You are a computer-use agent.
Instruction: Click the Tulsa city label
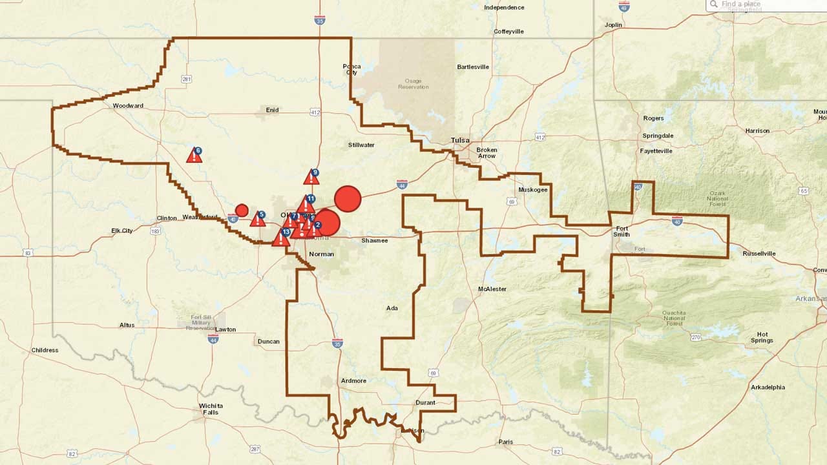[460, 140]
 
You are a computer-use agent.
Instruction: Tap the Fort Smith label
[622, 231]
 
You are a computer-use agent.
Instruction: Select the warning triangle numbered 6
[194, 156]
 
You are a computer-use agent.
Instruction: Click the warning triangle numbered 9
[311, 178]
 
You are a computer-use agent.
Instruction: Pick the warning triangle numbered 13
[281, 238]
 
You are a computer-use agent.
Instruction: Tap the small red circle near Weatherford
[242, 210]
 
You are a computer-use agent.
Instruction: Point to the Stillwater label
[361, 145]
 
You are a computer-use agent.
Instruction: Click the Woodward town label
[128, 105]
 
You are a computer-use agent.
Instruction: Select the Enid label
[273, 110]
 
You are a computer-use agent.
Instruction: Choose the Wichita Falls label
[211, 408]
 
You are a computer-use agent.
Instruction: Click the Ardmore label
[353, 380]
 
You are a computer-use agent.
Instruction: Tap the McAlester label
[492, 289]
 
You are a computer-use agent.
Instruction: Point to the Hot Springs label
[762, 337]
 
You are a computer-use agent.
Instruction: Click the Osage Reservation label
[413, 83]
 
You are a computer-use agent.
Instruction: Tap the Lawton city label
[225, 329]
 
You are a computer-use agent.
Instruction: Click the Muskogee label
[533, 190]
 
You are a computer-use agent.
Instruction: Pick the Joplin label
[613, 25]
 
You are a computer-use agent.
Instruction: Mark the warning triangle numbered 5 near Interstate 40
[258, 219]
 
